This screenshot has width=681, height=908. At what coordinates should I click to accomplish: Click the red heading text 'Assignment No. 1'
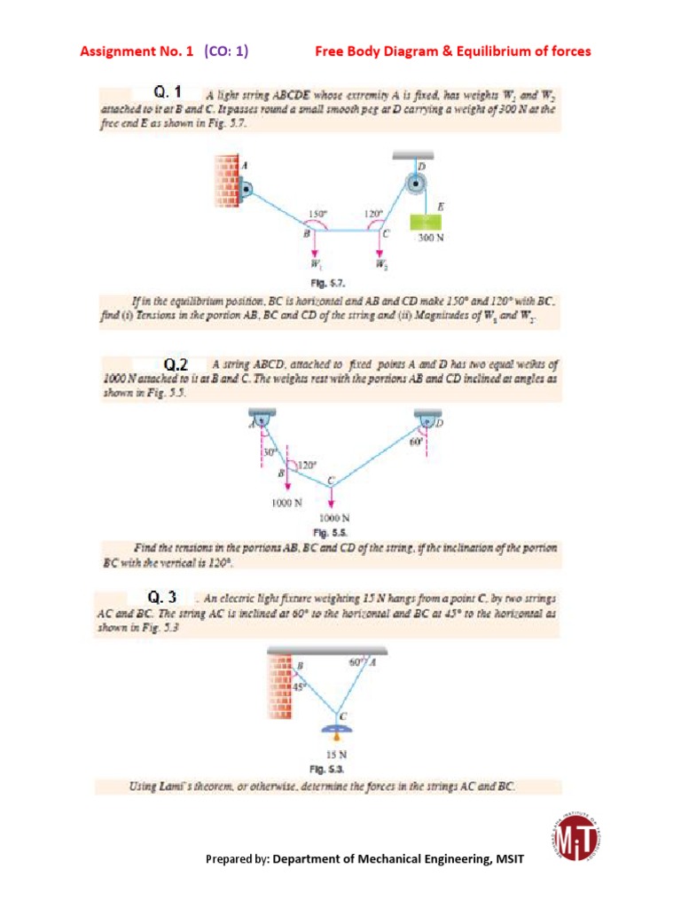coord(137,51)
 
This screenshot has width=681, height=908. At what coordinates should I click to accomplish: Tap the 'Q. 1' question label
coord(168,91)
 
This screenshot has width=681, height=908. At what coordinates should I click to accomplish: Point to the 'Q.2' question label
coord(176,364)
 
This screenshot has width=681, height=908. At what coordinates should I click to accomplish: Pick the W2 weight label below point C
coord(381,263)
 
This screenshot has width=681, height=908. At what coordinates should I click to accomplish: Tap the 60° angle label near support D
coord(413,441)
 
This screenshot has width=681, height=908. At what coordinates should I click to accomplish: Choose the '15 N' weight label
coord(337,755)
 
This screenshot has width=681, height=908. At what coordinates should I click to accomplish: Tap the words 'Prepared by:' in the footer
coord(237,858)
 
